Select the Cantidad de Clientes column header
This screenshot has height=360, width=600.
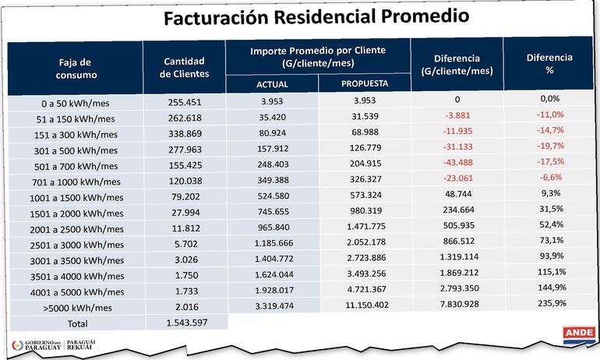click(184, 68)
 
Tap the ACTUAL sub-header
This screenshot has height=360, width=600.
click(272, 84)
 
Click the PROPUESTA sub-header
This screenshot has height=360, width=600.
click(365, 83)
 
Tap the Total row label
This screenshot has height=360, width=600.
click(76, 323)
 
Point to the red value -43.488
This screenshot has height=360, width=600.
click(458, 165)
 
